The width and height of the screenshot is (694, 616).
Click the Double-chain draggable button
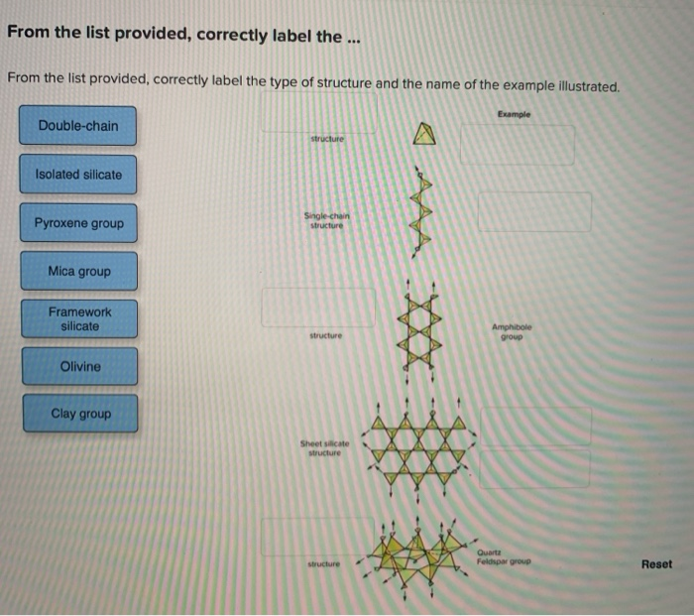(78, 126)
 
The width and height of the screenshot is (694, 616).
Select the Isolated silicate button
(78, 175)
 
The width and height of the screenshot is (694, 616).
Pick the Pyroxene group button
(78, 223)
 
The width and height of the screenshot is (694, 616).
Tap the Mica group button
(78, 271)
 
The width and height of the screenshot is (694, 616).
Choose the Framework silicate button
(78, 318)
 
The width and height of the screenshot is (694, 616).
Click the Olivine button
(78, 366)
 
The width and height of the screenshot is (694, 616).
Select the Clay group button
(78, 414)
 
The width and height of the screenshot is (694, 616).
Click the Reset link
(655, 564)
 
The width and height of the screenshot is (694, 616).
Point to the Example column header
(515, 114)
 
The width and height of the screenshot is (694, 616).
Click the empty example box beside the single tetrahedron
(517, 145)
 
